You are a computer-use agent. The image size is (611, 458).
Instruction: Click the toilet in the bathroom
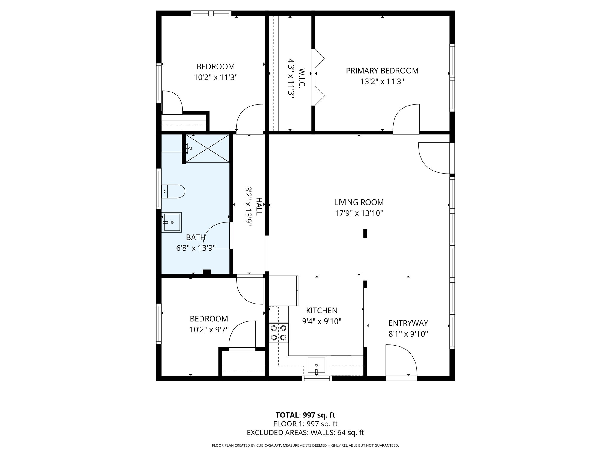(174, 191)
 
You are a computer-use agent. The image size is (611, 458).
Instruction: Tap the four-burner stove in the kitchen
(278, 333)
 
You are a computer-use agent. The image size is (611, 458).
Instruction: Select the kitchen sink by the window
(316, 365)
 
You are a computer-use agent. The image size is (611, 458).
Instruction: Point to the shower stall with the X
(208, 148)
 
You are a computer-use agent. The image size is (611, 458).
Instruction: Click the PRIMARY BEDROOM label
(382, 71)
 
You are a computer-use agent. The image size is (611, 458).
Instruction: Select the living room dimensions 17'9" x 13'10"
(359, 213)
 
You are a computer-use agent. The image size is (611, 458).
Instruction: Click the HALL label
(259, 206)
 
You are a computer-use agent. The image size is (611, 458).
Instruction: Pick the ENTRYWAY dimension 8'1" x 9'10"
(408, 334)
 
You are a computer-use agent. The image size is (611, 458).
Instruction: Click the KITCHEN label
(322, 310)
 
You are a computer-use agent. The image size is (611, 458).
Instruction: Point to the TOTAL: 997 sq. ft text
(305, 415)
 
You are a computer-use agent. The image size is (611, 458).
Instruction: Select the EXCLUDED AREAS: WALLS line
(305, 433)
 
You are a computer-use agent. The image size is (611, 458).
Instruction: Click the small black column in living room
(365, 233)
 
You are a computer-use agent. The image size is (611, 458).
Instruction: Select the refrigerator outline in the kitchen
(283, 290)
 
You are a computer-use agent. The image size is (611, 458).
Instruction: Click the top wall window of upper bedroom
(211, 13)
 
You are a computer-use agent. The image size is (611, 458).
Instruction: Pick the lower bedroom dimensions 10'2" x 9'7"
(209, 330)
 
